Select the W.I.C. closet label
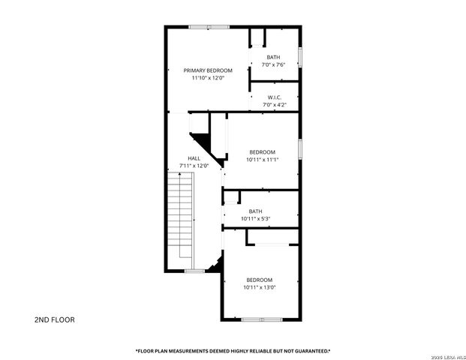[274, 97]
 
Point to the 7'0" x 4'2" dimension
[274, 105]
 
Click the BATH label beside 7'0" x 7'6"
[273, 57]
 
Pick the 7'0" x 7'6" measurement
[273, 65]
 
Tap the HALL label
[194, 158]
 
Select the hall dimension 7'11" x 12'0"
[194, 166]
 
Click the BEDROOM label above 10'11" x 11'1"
[262, 151]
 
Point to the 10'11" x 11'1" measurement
[262, 159]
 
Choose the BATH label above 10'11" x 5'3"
[256, 211]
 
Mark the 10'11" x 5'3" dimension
[256, 218]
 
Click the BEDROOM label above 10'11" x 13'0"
[259, 280]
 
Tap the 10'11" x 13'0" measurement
[259, 287]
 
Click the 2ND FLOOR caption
[54, 319]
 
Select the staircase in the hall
[180, 218]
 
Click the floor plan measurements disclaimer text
[233, 350]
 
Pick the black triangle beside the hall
[201, 140]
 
